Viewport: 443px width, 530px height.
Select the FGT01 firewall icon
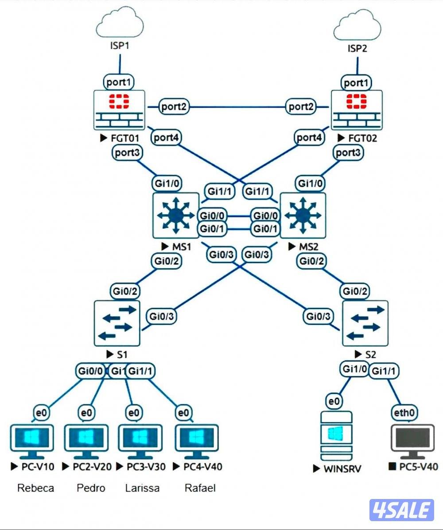[119, 109]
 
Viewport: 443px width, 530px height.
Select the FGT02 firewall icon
[357, 109]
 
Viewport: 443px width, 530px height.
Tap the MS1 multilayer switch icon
[175, 215]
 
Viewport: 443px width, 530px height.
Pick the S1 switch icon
[117, 323]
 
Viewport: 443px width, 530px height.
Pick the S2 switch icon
[365, 323]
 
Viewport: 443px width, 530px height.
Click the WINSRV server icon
[335, 436]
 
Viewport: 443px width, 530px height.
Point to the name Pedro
[91, 488]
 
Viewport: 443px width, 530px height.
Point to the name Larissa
[142, 488]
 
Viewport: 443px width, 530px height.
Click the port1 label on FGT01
[119, 82]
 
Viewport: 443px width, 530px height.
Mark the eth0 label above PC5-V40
[404, 413]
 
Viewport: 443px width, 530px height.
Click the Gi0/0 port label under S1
[90, 371]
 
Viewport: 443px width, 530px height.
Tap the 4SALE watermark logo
[401, 510]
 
